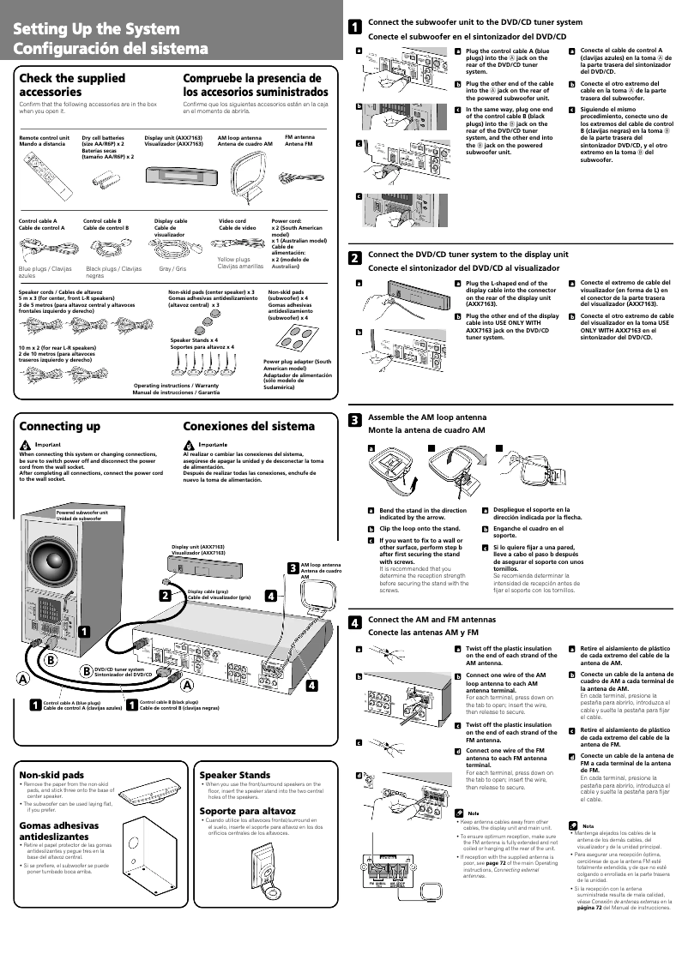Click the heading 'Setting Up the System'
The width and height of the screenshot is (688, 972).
[96, 30]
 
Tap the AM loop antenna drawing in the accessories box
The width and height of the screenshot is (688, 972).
[249, 177]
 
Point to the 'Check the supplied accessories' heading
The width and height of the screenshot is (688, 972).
[72, 85]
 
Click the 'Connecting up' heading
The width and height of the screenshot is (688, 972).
[59, 426]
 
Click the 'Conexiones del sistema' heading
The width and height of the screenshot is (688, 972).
[249, 426]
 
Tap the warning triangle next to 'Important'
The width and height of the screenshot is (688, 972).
[24, 445]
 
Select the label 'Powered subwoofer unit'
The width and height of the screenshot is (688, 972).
[82, 513]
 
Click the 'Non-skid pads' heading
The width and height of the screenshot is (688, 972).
[51, 774]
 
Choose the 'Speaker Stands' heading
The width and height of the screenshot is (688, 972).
[234, 774]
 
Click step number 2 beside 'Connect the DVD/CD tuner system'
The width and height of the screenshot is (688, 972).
[353, 258]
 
